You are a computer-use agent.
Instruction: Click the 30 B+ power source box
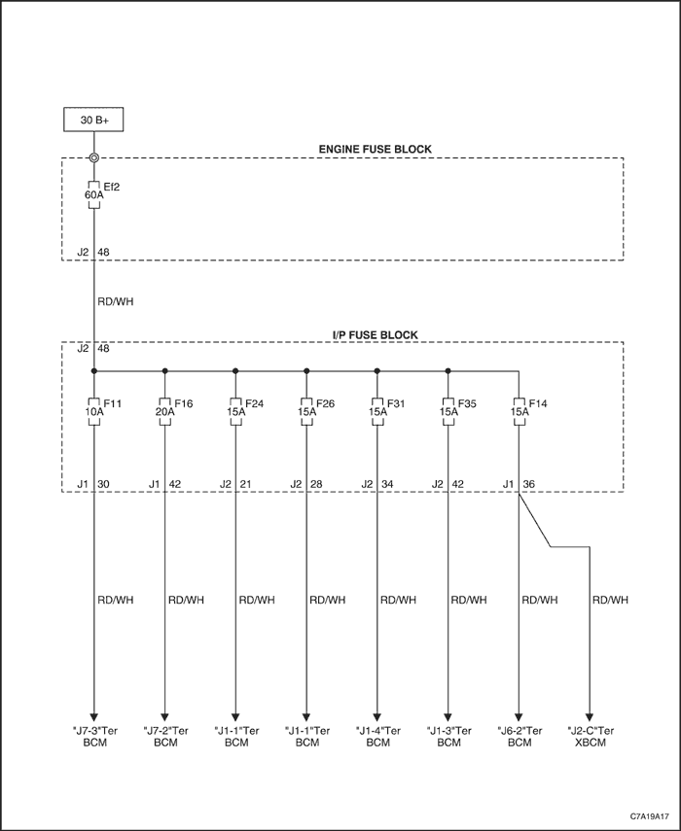pos(93,120)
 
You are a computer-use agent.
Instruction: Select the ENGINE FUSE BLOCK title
pos(375,150)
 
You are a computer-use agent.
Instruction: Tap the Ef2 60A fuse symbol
pos(93,194)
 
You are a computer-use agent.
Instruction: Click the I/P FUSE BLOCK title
pos(375,335)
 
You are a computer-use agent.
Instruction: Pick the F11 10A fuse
pos(93,411)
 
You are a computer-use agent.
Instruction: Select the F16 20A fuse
pos(165,411)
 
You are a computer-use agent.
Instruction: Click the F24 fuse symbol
pos(235,411)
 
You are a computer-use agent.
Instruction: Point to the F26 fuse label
pos(325,404)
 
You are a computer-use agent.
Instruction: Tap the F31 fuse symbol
pos(377,411)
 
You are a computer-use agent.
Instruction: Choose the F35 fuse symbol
pos(448,411)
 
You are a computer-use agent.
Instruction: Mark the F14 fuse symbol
pos(519,411)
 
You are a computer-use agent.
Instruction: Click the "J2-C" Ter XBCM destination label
pos(591,737)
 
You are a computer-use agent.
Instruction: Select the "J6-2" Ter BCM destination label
pos(520,737)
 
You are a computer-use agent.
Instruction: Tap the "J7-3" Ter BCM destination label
pos(95,737)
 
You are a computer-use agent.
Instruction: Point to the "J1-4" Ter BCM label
pos(378,737)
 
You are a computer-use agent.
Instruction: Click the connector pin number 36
pos(529,484)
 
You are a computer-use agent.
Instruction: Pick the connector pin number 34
pos(387,484)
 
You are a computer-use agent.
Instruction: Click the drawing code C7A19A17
pos(650,815)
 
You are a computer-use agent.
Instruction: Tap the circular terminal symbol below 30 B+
pos(93,157)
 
